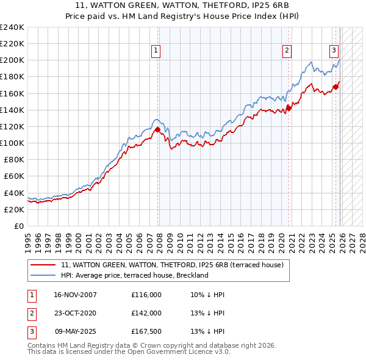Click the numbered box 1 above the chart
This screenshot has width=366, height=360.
coord(157,51)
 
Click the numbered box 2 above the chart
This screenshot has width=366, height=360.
coord(286,51)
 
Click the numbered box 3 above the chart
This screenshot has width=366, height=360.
coord(334,51)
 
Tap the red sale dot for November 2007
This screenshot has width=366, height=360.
coord(157,129)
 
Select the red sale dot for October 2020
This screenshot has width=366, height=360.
coord(289,108)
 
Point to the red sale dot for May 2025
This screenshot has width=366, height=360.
coord(335,87)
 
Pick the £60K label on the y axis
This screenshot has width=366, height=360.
coord(14,176)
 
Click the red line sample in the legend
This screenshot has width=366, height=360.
coord(43,265)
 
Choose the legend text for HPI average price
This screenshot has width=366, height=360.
coord(135,275)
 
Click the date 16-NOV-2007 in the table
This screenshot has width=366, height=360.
coord(76,295)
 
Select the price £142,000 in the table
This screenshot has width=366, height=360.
coord(146,313)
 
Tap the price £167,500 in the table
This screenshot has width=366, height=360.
coord(146,332)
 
